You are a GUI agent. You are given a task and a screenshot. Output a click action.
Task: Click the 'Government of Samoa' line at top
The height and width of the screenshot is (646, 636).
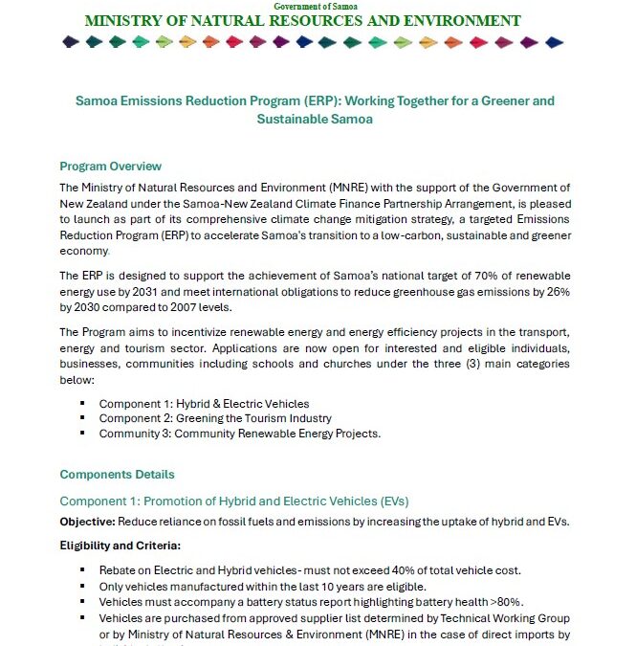tap(317, 6)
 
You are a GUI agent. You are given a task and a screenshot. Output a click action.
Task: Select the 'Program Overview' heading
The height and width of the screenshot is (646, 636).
tap(110, 167)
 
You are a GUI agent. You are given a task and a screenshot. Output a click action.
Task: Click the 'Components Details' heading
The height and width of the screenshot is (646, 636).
tap(117, 474)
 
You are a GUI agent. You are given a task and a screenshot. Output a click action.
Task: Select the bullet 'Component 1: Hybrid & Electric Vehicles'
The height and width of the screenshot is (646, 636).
tap(204, 404)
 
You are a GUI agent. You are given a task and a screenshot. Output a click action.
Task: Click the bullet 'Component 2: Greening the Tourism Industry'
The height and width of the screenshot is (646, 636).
tap(215, 418)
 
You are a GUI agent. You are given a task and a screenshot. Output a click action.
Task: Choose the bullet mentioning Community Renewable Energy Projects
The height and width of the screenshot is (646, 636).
tap(239, 434)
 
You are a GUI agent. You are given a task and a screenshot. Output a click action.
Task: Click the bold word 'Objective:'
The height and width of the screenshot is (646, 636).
tap(87, 521)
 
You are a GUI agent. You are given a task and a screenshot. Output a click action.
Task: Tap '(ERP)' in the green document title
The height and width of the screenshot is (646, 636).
tap(286, 100)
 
